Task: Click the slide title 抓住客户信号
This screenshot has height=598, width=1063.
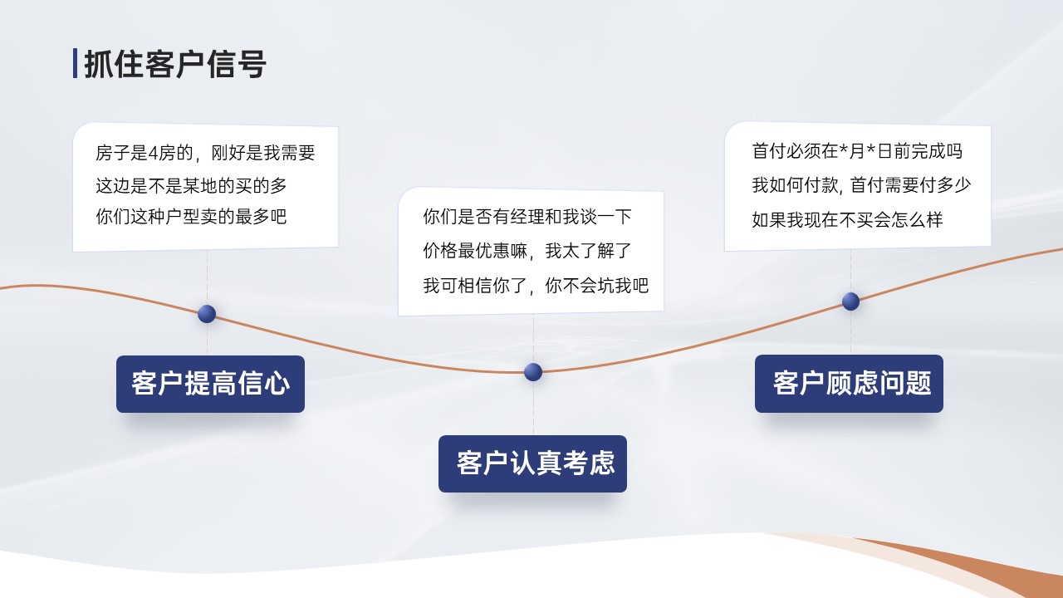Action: click(x=175, y=64)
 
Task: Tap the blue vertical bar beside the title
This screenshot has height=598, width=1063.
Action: click(x=75, y=63)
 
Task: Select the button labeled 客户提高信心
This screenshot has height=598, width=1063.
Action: click(x=210, y=384)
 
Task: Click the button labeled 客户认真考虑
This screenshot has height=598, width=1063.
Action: click(x=532, y=463)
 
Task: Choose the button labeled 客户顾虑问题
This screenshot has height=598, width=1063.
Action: click(x=849, y=384)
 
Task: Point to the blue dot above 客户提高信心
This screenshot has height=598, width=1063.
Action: click(x=207, y=314)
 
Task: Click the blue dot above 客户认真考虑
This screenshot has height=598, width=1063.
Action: click(x=533, y=372)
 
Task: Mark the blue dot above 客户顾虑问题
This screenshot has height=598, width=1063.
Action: click(x=850, y=301)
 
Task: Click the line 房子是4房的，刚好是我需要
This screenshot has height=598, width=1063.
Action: click(x=205, y=153)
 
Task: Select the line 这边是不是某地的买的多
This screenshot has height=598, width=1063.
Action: click(x=191, y=185)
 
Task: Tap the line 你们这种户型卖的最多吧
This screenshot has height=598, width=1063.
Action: click(x=191, y=217)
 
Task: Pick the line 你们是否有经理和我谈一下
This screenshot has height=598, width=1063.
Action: click(x=527, y=217)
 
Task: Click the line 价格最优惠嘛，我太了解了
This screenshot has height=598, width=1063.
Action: click(x=527, y=251)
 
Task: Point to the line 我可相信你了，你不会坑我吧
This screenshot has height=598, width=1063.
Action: click(x=536, y=285)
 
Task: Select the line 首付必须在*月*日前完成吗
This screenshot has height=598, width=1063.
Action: click(x=857, y=151)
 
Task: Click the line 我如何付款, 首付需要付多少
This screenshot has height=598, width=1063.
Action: click(x=861, y=185)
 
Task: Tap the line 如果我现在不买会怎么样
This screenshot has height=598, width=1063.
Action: click(x=848, y=219)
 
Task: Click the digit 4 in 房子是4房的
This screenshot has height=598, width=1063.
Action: click(x=153, y=154)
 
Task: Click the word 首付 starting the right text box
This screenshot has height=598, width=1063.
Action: click(x=769, y=151)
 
